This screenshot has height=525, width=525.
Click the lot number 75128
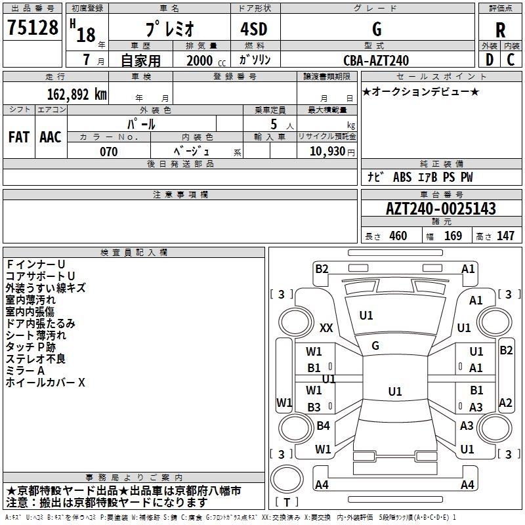[x=32, y=28]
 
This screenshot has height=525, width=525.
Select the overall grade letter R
[x=500, y=30]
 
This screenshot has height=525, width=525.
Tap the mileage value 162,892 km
[x=77, y=94]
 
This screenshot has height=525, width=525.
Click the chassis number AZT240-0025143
[x=440, y=209]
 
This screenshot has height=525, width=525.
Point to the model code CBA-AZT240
[x=376, y=60]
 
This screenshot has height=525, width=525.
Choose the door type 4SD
[x=254, y=29]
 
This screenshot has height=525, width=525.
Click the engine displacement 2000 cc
[x=206, y=60]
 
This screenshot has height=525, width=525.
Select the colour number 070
[x=109, y=152]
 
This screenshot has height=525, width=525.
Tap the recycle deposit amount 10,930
[x=327, y=152]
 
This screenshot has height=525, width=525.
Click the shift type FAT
[x=19, y=137]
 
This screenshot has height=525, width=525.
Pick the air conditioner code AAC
[x=51, y=137]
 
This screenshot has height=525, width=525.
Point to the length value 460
[x=398, y=236]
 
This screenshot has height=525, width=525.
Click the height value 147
[x=505, y=236]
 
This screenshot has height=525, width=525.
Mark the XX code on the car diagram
[x=326, y=327]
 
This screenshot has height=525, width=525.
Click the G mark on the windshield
[x=375, y=346]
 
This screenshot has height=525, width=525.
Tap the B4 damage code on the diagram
[x=323, y=425]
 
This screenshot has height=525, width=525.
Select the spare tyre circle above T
[x=287, y=479]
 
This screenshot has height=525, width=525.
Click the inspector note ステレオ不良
[x=35, y=359]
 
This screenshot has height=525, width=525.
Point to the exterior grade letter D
[x=490, y=60]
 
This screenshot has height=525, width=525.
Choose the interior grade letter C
[x=511, y=60]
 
